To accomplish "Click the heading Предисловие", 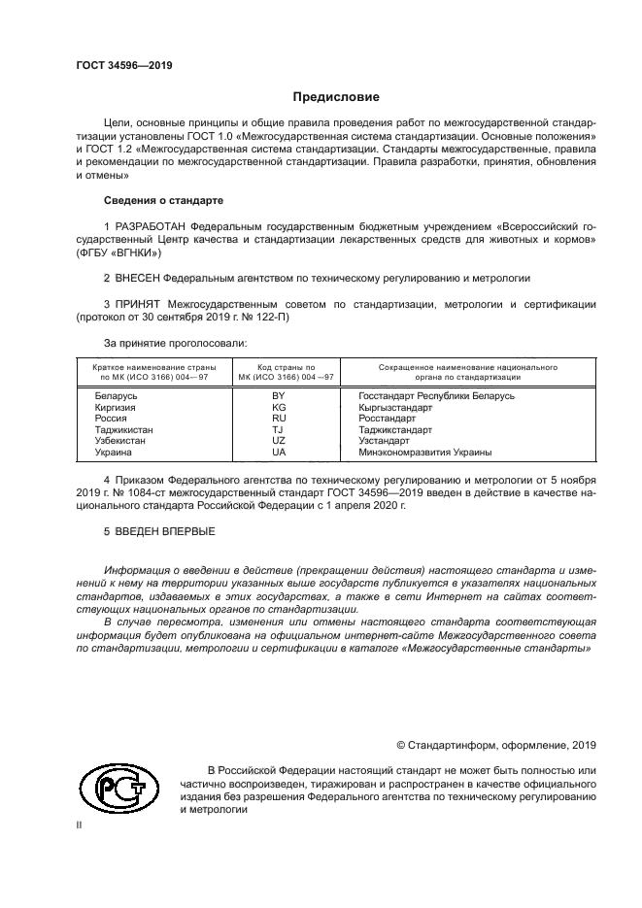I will click(336, 97).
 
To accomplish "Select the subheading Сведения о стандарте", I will click(163, 200).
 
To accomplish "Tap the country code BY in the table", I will click(279, 396).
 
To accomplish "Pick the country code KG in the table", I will click(279, 408).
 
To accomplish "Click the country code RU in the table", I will click(279, 419).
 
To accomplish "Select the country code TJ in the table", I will click(279, 429).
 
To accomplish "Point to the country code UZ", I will click(279, 441).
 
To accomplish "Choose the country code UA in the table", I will click(279, 453).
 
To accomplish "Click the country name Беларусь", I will click(117, 396).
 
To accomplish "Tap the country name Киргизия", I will click(116, 408).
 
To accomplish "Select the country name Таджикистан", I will click(123, 429).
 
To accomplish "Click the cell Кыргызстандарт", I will click(395, 408).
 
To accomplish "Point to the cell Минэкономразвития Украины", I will click(424, 453).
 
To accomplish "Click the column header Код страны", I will click(279, 369).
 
